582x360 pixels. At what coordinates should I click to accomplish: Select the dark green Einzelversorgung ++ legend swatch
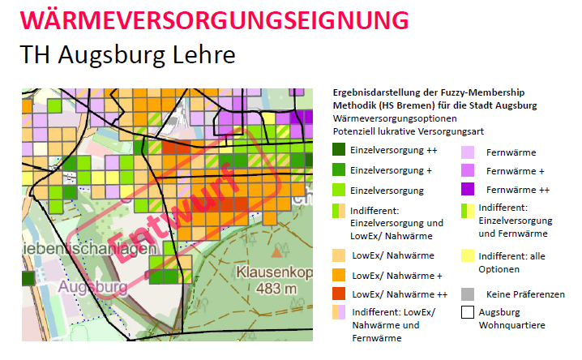pos(338,151)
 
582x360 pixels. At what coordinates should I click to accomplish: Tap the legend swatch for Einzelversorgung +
pos(338,171)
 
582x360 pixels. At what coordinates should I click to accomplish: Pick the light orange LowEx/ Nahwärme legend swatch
pos(338,255)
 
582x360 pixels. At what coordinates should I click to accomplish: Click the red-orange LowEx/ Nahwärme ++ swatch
pos(338,294)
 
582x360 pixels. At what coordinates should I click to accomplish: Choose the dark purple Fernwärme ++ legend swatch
pos(468,190)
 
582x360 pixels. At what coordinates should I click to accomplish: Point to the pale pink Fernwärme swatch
pos(468,152)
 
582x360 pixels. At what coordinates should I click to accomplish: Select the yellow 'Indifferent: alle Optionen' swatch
pos(468,255)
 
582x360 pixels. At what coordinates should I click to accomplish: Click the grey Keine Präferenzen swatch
pos(468,294)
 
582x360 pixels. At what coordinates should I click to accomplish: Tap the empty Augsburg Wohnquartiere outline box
pos(468,313)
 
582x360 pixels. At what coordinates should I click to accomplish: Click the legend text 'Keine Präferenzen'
pos(525,294)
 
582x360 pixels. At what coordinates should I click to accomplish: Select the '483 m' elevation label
pos(272,289)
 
